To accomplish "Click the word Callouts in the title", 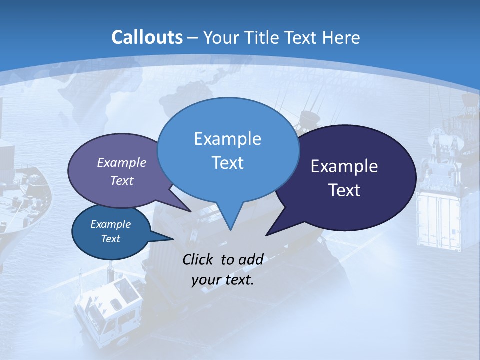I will [x=147, y=37].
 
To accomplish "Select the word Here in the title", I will [x=342, y=37].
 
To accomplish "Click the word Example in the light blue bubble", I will [x=227, y=139].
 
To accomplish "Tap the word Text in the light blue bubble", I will [x=227, y=163].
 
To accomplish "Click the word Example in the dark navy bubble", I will [x=344, y=166].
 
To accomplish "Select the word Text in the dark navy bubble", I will [x=344, y=190].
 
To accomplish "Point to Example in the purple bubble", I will [x=122, y=162].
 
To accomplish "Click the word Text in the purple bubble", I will [x=122, y=180].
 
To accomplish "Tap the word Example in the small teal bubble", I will [x=110, y=224].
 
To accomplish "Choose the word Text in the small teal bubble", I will [x=110, y=239].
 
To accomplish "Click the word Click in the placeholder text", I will [x=199, y=259].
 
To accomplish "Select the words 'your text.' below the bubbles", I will [x=223, y=280].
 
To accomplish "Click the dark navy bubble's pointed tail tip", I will [x=266, y=235].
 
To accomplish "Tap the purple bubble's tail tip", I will [x=190, y=211].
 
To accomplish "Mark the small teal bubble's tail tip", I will [x=173, y=239].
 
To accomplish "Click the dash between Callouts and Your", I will [x=193, y=37].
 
